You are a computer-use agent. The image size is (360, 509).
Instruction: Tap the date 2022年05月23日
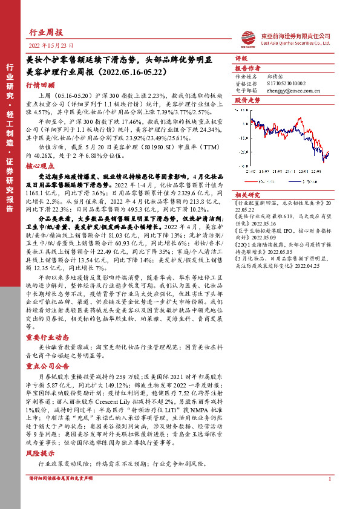point(46,46)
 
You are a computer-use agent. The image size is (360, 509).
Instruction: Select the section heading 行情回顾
point(40,86)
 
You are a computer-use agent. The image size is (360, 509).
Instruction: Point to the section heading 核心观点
point(40,164)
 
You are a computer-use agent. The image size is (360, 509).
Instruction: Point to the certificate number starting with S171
point(287,83)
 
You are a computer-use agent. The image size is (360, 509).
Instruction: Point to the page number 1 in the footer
point(329,496)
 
